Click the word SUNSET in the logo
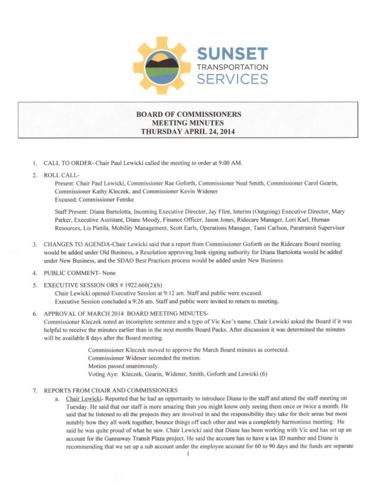(x=232, y=54)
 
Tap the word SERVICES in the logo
(x=232, y=78)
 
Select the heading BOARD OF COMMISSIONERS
(x=188, y=114)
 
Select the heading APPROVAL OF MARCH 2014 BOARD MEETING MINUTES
(x=126, y=313)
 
